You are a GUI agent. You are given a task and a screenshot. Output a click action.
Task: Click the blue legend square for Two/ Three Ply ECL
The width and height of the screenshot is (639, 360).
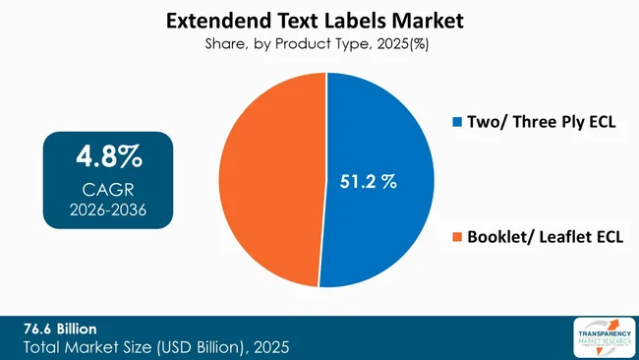[x=455, y=123]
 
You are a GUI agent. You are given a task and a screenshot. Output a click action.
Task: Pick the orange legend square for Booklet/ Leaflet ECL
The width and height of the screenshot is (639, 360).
[x=455, y=237]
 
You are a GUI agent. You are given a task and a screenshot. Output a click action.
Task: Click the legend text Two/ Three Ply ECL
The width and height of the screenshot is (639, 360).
[x=537, y=123]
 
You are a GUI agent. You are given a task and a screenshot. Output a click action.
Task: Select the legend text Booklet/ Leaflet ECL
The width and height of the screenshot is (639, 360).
[x=544, y=237]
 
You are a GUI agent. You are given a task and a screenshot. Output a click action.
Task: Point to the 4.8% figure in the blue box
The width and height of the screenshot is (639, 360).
[x=109, y=156]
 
